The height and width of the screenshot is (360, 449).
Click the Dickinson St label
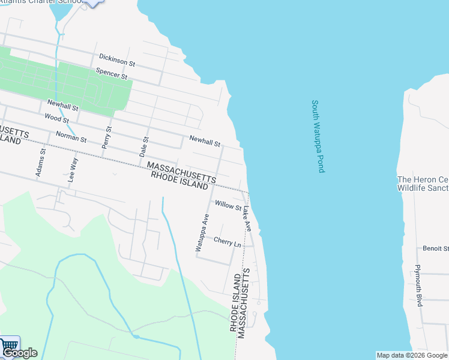(x=117, y=60)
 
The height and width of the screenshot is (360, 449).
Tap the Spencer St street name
(x=112, y=74)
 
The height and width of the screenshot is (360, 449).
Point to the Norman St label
(x=71, y=137)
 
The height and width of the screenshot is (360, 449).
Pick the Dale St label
(x=144, y=146)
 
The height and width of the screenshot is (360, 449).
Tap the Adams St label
(x=41, y=161)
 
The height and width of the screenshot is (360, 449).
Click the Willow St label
(x=228, y=206)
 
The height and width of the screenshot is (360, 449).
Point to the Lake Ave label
(x=247, y=219)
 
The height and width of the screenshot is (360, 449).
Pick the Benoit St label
(x=436, y=248)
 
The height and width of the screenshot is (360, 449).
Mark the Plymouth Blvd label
(x=419, y=285)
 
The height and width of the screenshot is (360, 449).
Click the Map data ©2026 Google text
(x=411, y=355)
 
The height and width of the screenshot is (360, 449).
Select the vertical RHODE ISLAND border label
(x=235, y=302)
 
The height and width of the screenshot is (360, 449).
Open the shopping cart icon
(x=9, y=344)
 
